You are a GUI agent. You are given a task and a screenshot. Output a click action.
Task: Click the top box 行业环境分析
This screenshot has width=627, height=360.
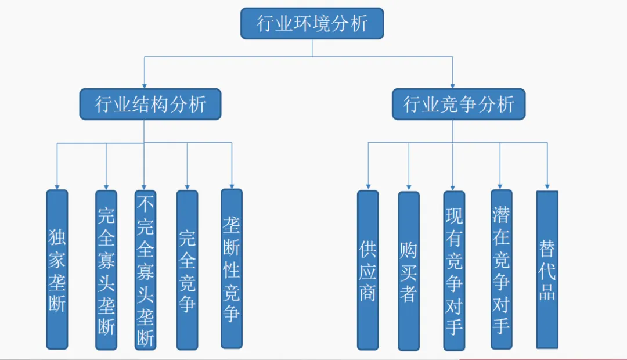312,23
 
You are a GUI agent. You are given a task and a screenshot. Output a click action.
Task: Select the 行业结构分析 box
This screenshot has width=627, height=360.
150,104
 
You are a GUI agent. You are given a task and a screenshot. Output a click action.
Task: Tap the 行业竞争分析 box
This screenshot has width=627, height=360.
459,104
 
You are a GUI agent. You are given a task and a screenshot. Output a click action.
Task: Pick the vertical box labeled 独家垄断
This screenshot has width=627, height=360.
57,269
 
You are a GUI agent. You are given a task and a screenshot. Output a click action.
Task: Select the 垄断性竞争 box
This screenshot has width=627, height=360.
232,268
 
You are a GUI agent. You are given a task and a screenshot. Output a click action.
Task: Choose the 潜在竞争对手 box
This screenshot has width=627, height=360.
501,269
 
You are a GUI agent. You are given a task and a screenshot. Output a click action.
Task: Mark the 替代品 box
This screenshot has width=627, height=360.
547,268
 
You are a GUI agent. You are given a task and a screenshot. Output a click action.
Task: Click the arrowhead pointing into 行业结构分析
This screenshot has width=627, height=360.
144,84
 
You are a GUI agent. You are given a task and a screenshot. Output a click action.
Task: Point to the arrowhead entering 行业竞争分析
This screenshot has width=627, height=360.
453,84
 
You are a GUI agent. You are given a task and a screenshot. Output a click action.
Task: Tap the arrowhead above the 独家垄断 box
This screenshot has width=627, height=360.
57,185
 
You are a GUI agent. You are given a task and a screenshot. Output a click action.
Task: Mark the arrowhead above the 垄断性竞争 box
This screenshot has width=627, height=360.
232,184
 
